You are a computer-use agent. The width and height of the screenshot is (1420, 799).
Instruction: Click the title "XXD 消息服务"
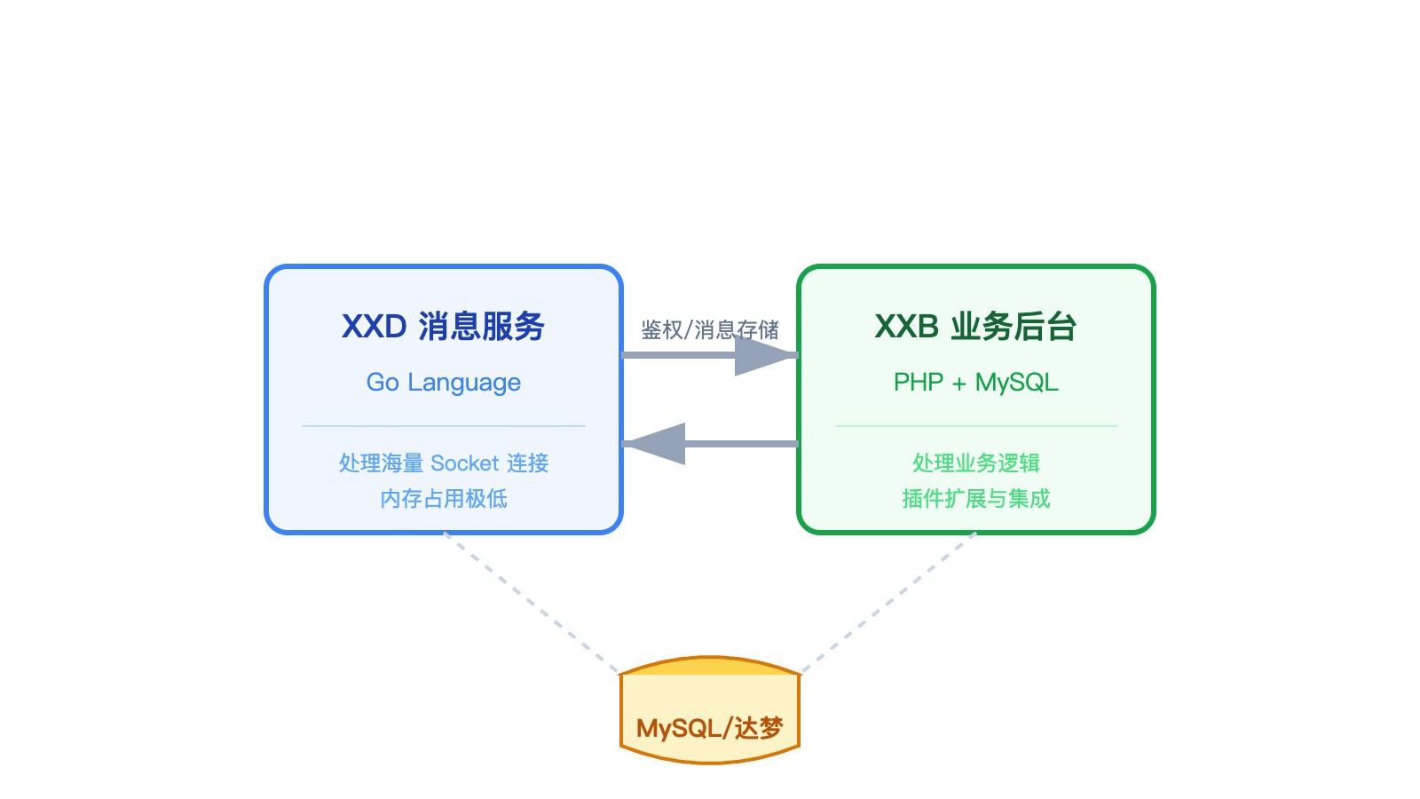tap(443, 327)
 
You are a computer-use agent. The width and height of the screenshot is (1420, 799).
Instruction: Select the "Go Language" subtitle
tap(443, 383)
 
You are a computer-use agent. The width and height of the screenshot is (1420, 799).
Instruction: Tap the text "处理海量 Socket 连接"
tap(443, 463)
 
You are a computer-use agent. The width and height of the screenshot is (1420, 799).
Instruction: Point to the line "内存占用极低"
tap(443, 499)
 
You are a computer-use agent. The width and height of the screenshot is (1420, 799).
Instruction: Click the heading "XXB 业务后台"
tap(975, 327)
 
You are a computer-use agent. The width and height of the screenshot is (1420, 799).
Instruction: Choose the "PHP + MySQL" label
tap(975, 383)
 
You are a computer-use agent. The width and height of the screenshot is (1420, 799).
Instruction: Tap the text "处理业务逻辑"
tap(975, 463)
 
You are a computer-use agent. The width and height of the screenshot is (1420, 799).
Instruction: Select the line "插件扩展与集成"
tap(975, 499)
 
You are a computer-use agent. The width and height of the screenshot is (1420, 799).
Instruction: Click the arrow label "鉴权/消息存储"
tap(709, 330)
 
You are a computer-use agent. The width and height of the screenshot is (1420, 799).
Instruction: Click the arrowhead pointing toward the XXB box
tap(763, 355)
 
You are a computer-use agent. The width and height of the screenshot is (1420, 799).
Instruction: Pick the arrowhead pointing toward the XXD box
tap(657, 444)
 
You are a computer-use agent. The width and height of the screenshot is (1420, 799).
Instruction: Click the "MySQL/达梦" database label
tap(709, 729)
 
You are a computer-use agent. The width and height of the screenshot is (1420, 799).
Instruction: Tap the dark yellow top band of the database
tap(710, 666)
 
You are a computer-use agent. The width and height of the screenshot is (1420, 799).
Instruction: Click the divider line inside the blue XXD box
tap(443, 426)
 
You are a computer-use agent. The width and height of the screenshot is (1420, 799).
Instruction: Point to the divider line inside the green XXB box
tap(975, 426)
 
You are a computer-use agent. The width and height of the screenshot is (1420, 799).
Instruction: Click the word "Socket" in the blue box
tap(464, 463)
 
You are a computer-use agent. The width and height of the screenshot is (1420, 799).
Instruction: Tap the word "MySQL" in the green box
tap(1016, 383)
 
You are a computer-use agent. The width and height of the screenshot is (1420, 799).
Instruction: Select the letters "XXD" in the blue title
tap(374, 327)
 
